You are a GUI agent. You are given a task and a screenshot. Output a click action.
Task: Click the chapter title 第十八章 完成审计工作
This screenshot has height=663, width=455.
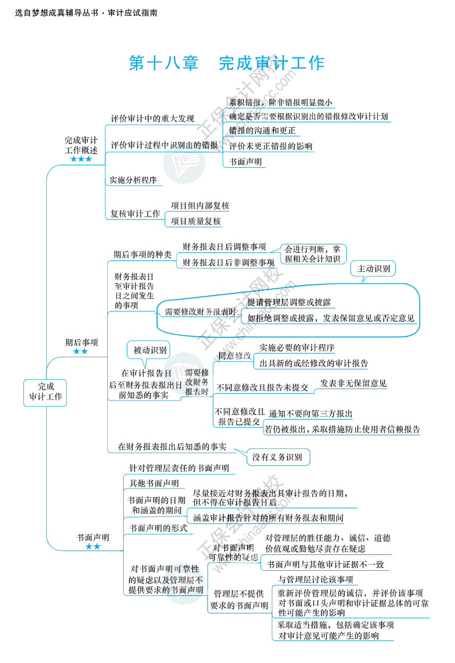(227, 63)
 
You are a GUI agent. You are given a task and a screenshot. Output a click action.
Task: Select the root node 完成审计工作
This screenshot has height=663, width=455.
(45, 392)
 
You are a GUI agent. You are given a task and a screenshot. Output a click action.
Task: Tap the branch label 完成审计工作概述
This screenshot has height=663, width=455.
(81, 145)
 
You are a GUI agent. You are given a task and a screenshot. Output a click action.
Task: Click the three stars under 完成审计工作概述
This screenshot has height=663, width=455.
(81, 159)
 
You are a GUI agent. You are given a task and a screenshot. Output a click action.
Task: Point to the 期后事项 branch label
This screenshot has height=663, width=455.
(81, 342)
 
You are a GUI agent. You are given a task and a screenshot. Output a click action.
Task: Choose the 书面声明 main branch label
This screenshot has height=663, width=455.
(92, 537)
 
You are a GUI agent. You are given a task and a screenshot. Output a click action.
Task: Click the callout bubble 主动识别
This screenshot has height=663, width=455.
(373, 268)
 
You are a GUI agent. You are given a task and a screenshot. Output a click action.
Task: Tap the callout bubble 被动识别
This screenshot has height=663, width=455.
(150, 350)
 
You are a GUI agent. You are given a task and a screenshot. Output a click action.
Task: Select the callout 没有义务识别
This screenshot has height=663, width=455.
(277, 457)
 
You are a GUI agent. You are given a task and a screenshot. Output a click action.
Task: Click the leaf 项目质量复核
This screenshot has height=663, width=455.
(196, 221)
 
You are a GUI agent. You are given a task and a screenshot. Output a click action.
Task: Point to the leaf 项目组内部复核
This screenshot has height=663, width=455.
(200, 206)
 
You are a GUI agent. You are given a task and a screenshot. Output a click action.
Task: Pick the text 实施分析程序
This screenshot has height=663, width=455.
(133, 180)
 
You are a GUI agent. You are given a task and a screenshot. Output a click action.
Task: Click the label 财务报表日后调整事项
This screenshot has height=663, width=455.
(225, 246)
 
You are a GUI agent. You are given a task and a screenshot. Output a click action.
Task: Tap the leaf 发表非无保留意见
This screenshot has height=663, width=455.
(353, 383)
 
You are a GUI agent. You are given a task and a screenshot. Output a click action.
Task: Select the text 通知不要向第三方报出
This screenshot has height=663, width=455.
(311, 414)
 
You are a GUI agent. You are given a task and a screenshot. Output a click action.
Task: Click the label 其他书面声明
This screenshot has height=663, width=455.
(154, 483)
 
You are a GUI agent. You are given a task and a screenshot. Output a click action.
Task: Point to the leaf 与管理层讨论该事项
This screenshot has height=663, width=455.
(315, 579)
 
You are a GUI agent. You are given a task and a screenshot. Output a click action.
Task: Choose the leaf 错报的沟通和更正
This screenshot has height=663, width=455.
(262, 131)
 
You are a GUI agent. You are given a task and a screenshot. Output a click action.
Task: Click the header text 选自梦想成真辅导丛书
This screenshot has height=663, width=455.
(56, 13)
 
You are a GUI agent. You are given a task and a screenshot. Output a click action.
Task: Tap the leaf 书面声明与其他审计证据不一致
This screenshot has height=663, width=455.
(325, 564)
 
